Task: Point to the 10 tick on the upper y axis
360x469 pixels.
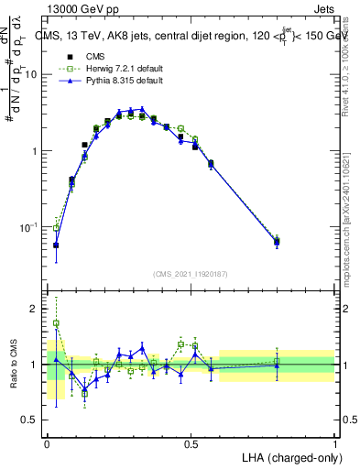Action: coord(34,75)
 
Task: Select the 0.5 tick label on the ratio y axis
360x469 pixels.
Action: coord(32,420)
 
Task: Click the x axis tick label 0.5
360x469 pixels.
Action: coord(191,443)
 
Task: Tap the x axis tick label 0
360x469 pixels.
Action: coord(47,443)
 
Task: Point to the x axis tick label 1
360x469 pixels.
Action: coord(334,443)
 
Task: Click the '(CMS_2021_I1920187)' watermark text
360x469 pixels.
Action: coord(191,274)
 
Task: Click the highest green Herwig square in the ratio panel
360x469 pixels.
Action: coord(56,323)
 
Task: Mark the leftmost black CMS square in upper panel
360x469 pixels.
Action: coord(56,245)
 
